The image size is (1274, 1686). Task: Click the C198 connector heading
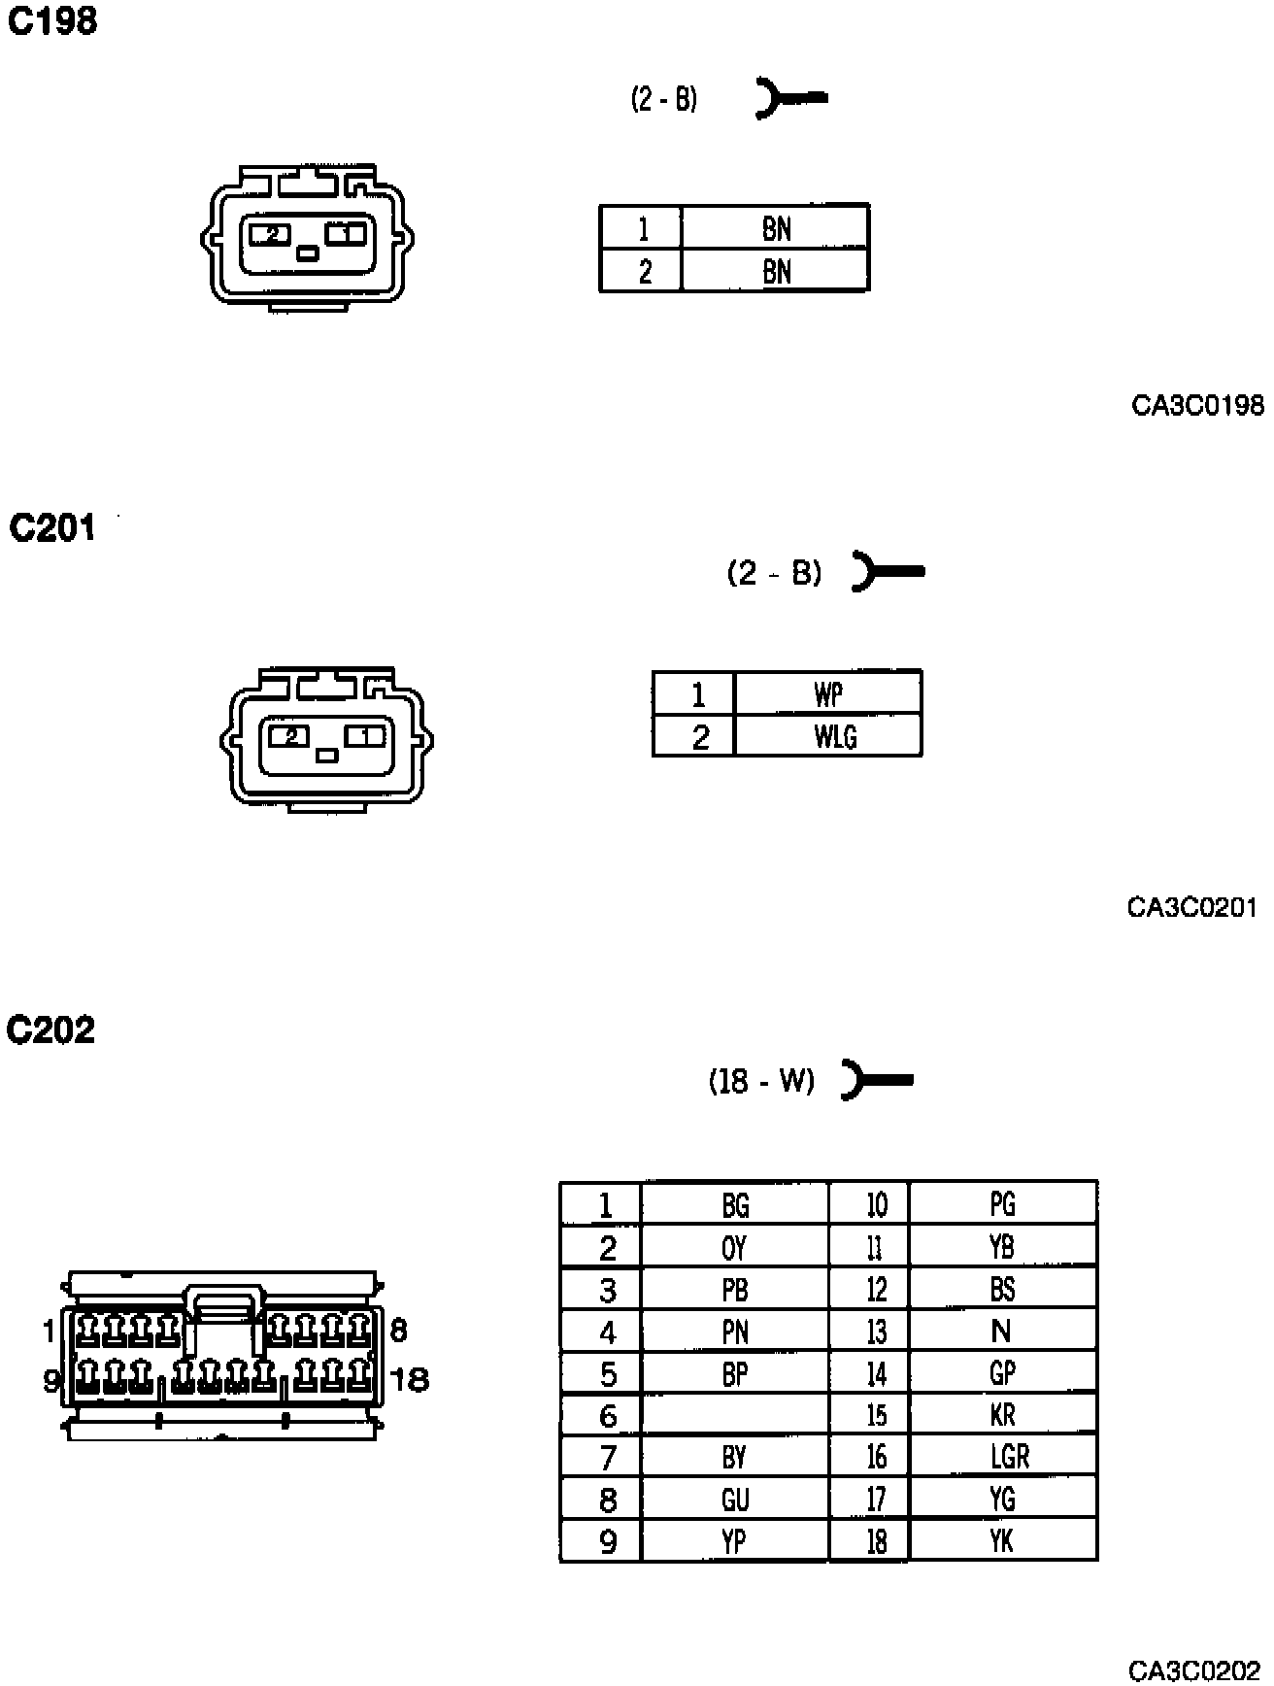(x=52, y=20)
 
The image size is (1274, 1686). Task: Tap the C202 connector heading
(x=50, y=1029)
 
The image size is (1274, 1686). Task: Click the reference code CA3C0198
(x=1197, y=405)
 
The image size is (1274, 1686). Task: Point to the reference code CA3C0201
(x=1191, y=907)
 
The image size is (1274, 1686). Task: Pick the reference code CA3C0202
(x=1193, y=1669)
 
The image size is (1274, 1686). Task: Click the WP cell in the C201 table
(x=828, y=693)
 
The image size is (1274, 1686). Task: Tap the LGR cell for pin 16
(x=1003, y=1457)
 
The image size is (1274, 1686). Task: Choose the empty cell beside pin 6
(x=735, y=1415)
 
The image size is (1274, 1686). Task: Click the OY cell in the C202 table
(x=735, y=1247)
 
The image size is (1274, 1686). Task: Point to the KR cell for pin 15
(x=1003, y=1415)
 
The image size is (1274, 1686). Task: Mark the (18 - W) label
(x=761, y=1081)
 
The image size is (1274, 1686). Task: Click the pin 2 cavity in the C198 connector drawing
(x=272, y=234)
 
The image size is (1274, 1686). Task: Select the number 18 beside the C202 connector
(x=409, y=1379)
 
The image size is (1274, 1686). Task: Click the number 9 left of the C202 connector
(x=51, y=1379)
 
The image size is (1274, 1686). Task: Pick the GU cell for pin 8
(x=735, y=1500)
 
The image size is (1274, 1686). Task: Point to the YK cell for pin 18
(x=1003, y=1541)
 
